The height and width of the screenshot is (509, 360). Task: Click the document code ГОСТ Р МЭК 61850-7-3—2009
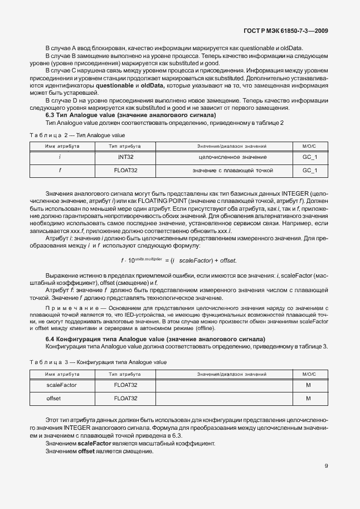tap(293, 31)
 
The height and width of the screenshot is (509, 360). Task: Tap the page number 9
tap(327, 466)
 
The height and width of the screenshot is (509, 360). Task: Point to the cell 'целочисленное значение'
tap(225, 157)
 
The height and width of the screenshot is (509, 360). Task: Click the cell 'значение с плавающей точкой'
tap(225, 170)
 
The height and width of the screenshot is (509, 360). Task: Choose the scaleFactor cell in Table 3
tap(62, 385)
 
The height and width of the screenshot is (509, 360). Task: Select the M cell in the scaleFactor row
tap(309, 385)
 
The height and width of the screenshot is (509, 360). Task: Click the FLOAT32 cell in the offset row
tap(125, 398)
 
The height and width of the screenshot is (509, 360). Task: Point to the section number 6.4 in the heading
tap(50, 339)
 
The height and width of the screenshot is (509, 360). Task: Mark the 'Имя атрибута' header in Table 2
tap(62, 146)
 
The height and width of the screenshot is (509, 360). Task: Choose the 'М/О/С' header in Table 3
tap(309, 374)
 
